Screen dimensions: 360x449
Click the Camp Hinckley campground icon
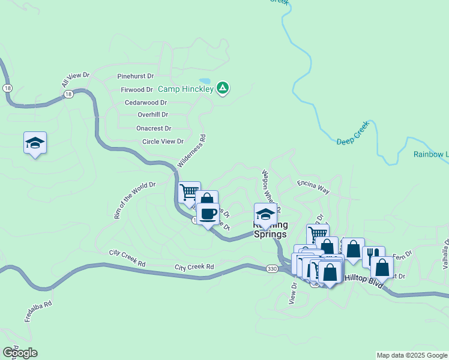tap(223, 89)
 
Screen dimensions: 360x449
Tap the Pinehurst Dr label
tap(136, 76)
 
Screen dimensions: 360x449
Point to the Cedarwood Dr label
tap(145, 102)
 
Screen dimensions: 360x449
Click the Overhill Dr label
tap(152, 114)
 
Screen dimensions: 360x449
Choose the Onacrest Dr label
tap(154, 128)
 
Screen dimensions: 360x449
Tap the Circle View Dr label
tap(162, 142)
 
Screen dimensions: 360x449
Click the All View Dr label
tap(75, 79)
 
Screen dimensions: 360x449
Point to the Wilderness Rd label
tap(192, 151)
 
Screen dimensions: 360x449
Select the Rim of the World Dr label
tap(135, 200)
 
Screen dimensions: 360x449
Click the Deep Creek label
tap(352, 140)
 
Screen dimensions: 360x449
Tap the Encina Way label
tap(313, 187)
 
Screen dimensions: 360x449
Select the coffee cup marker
tap(208, 214)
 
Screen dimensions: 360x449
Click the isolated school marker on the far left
tap(35, 143)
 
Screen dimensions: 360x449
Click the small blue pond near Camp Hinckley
tap(205, 81)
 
